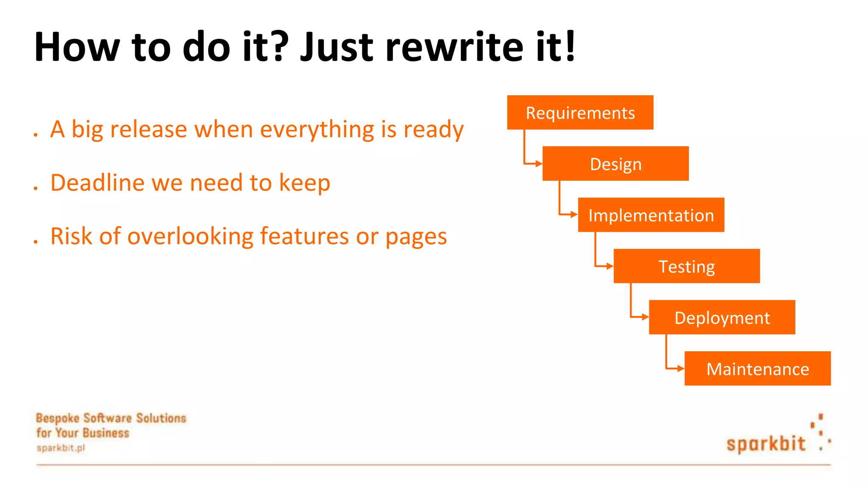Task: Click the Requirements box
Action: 580,113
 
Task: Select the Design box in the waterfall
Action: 615,164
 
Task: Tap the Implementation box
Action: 651,215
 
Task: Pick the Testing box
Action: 687,266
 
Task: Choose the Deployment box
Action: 722,318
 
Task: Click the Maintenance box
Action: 757,369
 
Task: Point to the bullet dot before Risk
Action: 36,242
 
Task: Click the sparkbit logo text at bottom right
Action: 765,444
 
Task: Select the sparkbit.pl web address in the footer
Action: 61,448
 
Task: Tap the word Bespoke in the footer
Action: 58,419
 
